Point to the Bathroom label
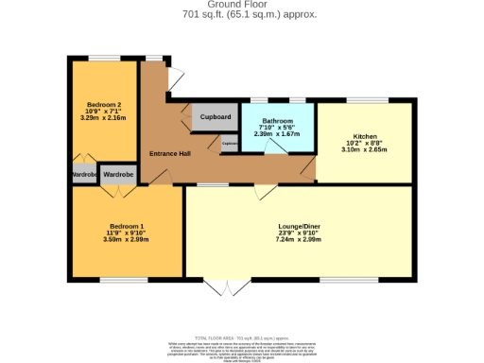coord(277,120)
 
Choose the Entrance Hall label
coord(171,153)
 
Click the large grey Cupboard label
coord(216,117)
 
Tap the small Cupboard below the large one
coord(230,144)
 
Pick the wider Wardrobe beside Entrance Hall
coord(118,174)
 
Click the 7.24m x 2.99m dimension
coord(299,240)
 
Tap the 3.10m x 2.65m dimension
coord(364,149)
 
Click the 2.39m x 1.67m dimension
coord(277,134)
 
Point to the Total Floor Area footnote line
coord(241,337)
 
